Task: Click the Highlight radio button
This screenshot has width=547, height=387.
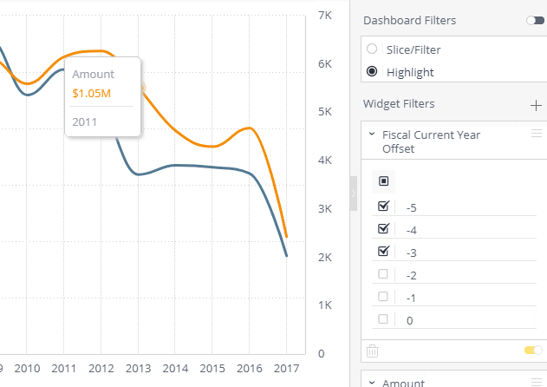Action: [372, 71]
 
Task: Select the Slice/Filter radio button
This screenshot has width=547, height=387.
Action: [372, 49]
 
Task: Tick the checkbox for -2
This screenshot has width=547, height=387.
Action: [383, 274]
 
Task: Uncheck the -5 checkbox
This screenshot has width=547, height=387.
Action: [383, 206]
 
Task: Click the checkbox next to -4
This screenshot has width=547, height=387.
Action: [383, 228]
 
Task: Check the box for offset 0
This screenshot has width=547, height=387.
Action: [383, 319]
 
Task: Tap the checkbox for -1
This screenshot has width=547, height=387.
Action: [383, 296]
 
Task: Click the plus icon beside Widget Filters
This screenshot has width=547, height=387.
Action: [536, 106]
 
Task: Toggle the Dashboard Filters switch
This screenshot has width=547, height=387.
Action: [536, 21]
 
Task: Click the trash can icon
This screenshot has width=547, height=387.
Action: [372, 351]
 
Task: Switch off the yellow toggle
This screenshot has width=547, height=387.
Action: [533, 350]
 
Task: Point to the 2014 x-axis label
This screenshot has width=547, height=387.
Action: [175, 369]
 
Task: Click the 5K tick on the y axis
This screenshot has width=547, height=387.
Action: [325, 112]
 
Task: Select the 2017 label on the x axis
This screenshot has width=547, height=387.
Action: [286, 369]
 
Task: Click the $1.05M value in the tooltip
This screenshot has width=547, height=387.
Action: [91, 94]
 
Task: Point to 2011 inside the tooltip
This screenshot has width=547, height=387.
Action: [84, 121]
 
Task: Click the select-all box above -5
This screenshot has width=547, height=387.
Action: [384, 181]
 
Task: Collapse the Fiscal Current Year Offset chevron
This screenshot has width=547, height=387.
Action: [372, 134]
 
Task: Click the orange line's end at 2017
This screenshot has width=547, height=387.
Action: [287, 237]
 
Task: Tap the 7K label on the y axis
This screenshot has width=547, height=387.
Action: [325, 16]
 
